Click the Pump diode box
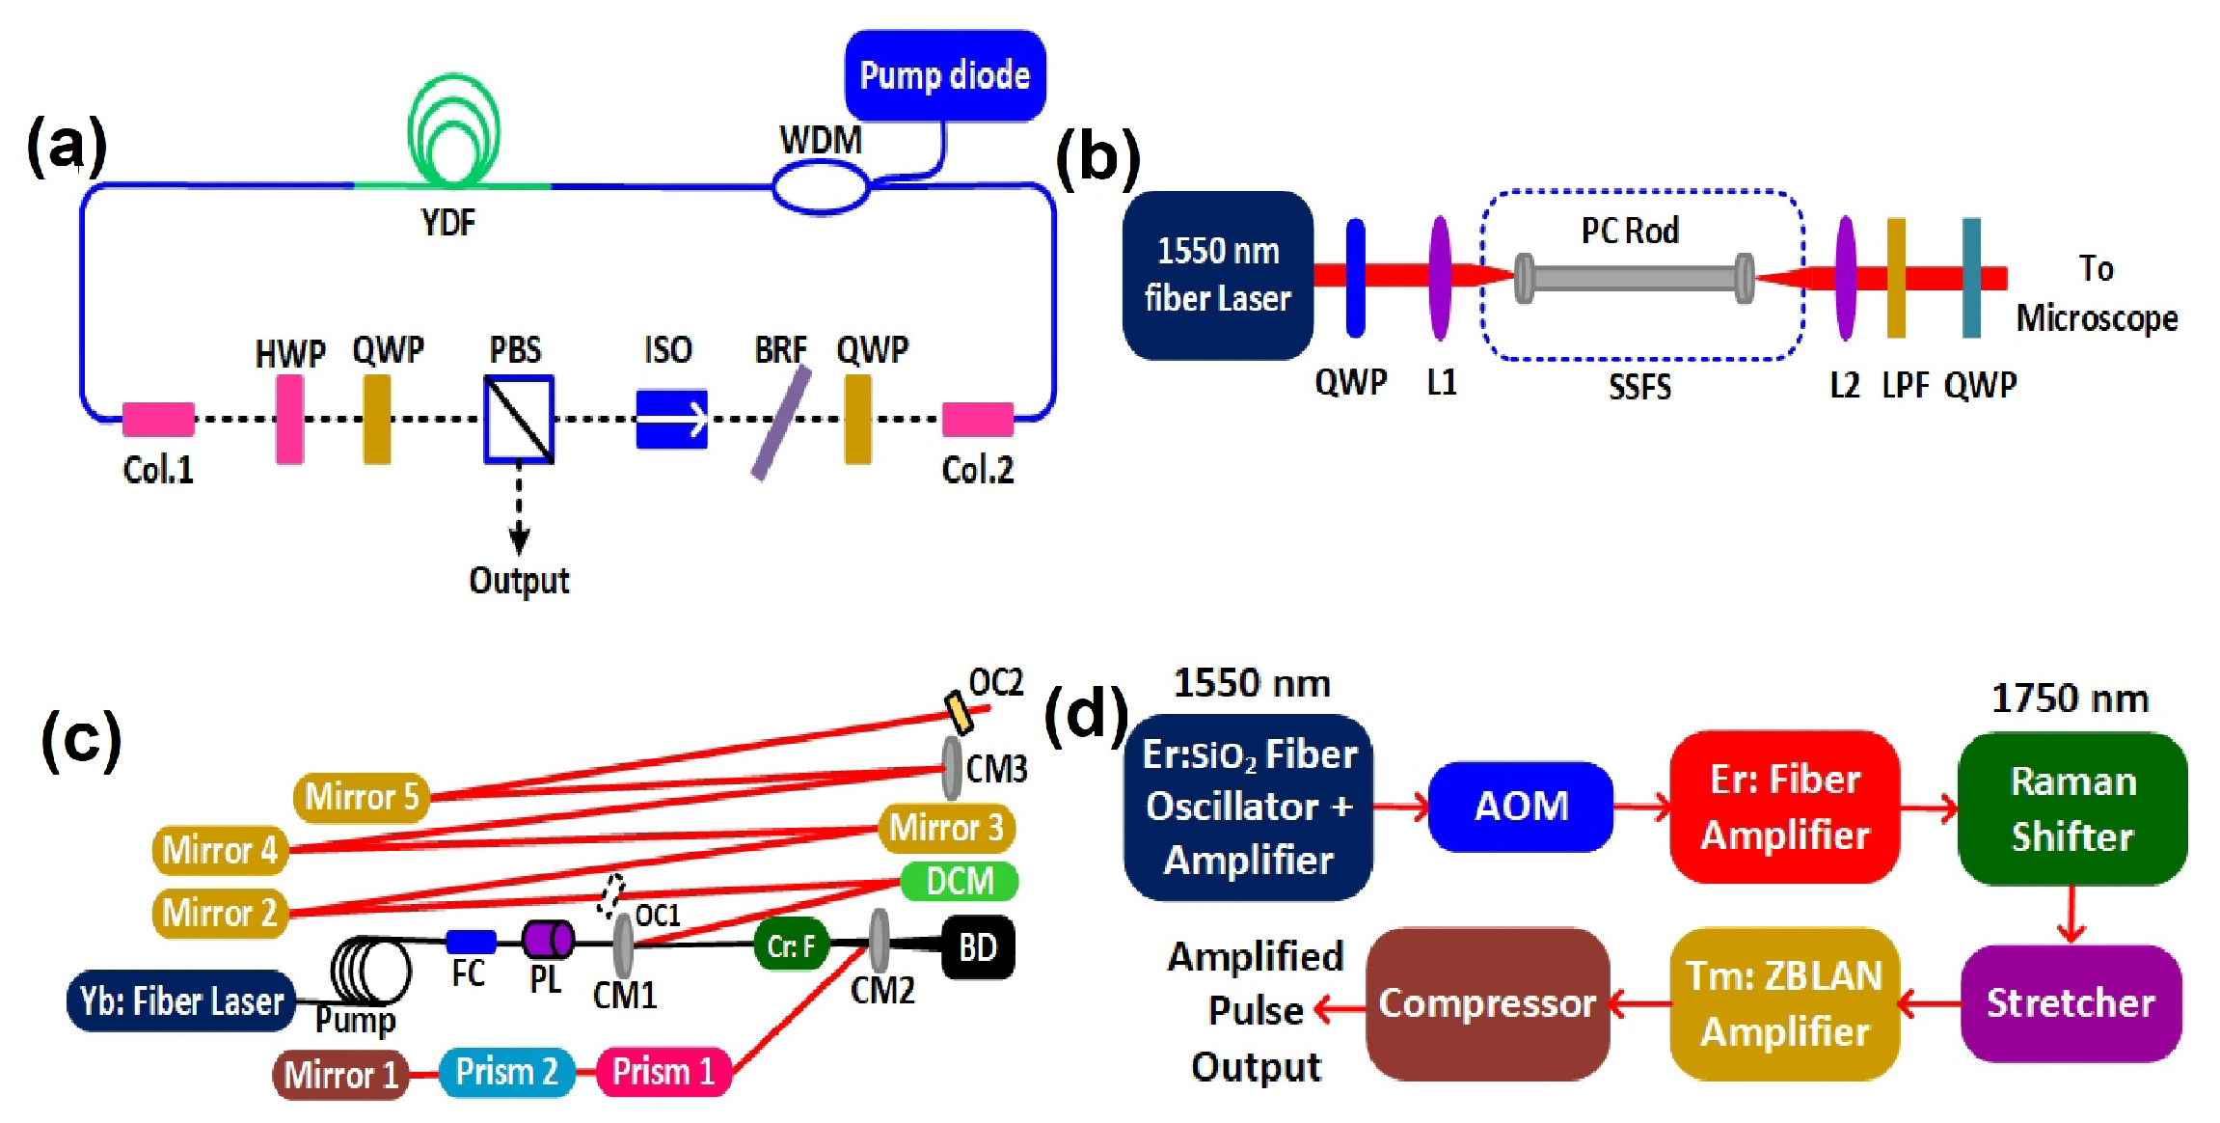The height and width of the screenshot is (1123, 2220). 944,75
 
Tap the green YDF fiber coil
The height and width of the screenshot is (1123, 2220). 453,130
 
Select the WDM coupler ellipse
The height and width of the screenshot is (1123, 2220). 821,185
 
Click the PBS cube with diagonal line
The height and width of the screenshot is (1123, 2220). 519,419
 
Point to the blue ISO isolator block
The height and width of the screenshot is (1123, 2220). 672,419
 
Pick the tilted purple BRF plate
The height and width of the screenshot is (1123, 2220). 781,423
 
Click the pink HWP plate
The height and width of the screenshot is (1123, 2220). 289,419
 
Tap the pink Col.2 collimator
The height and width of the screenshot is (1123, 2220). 977,420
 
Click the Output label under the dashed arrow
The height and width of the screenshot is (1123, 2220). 519,581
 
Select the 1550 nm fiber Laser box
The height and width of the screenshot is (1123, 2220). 1217,275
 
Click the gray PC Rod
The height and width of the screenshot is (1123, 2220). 1634,278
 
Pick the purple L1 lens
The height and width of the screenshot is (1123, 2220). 1440,278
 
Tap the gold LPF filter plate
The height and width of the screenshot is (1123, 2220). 1896,278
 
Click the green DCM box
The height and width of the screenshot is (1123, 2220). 960,881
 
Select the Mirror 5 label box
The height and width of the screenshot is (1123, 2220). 362,797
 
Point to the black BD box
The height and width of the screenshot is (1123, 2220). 977,947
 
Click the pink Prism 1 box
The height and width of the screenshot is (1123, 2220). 663,1072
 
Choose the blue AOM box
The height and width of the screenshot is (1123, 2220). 1521,807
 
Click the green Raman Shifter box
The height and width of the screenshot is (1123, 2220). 2072,808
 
